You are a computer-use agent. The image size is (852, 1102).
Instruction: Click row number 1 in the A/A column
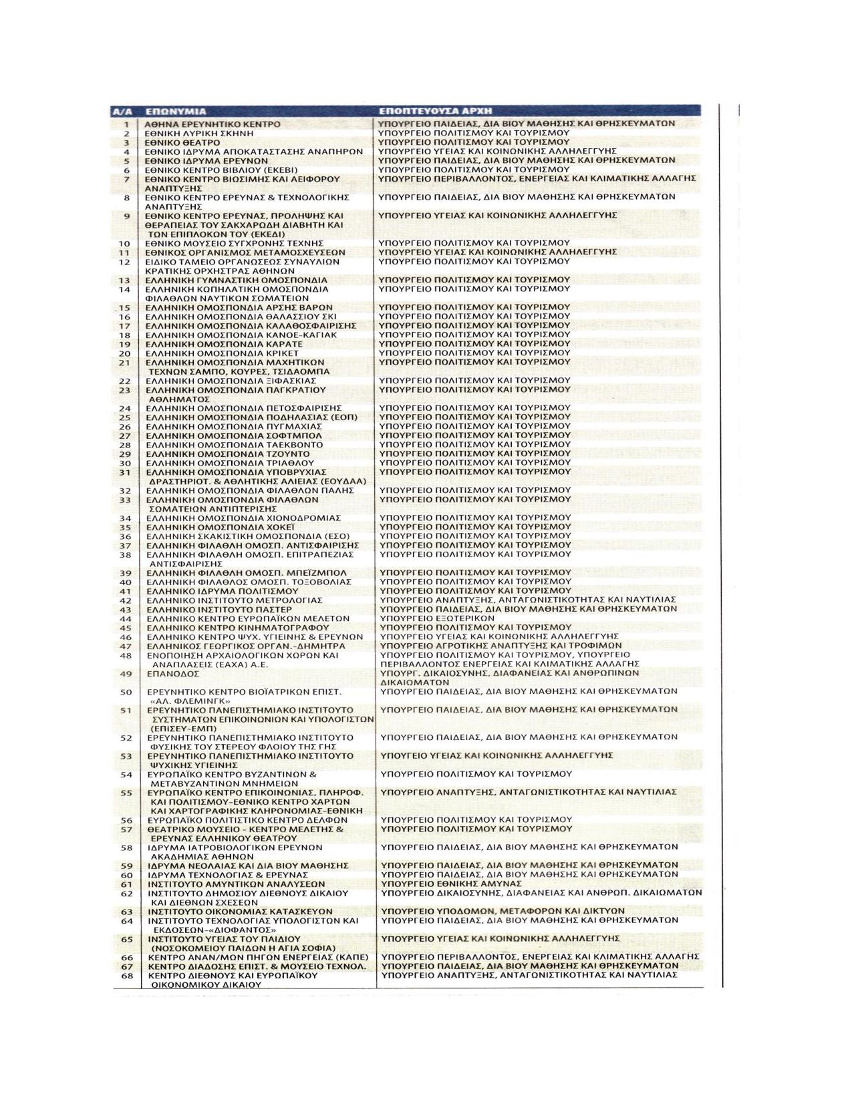[x=125, y=124]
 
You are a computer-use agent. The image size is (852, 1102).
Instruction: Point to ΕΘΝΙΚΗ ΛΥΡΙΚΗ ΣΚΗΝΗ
[x=200, y=134]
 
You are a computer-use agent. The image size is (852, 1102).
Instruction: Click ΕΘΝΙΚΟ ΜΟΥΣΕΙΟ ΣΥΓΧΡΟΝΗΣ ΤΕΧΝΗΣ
[x=235, y=243]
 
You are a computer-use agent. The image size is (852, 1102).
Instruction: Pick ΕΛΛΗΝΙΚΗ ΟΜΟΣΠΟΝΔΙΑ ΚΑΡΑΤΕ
[x=225, y=344]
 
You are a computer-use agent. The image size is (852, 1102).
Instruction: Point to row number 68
[x=125, y=975]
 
